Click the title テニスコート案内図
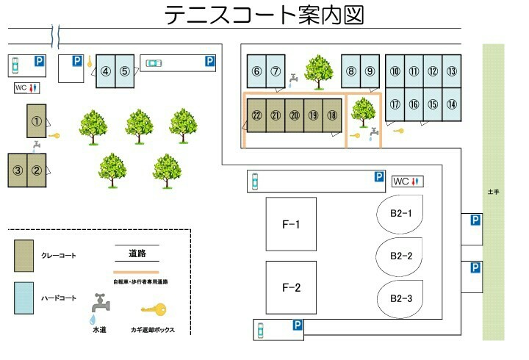(x=264, y=15)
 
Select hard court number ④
(x=106, y=71)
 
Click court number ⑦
(x=276, y=71)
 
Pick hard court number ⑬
(x=451, y=71)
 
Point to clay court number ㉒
(x=256, y=115)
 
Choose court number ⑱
(x=332, y=115)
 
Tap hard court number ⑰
(x=395, y=104)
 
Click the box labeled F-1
(x=291, y=224)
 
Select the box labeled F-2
(x=291, y=287)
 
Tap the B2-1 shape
(x=400, y=215)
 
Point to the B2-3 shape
(x=400, y=298)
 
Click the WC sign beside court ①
(x=28, y=88)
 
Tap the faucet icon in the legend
(x=99, y=305)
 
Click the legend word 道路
(x=137, y=254)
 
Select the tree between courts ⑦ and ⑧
(x=318, y=70)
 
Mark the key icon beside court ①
(x=55, y=134)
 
